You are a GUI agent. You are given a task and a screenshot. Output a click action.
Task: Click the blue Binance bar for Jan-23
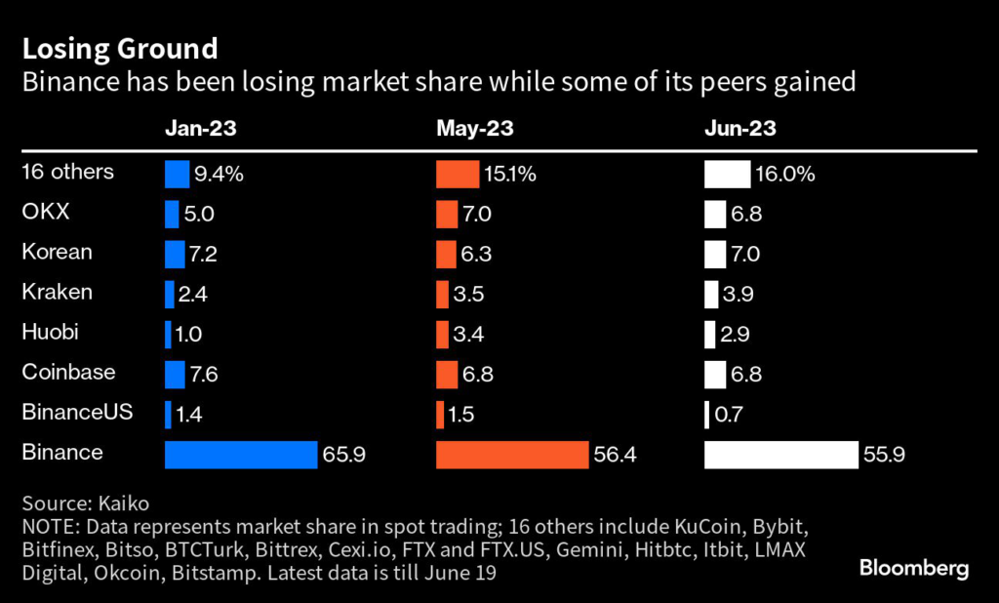click(x=241, y=455)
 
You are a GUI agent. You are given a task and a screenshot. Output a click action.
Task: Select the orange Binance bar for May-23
click(x=512, y=455)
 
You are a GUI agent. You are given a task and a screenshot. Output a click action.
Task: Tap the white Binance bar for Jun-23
click(x=781, y=455)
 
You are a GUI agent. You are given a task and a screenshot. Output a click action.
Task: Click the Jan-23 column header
click(x=201, y=128)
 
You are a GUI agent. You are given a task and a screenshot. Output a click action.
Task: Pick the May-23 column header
click(x=475, y=128)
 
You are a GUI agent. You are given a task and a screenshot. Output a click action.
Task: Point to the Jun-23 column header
click(x=740, y=128)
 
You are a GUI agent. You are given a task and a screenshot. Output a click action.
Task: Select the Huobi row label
click(x=51, y=332)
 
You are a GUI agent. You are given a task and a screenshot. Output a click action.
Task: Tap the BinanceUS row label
click(x=77, y=412)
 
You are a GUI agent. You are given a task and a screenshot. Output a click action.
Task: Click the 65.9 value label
click(x=345, y=455)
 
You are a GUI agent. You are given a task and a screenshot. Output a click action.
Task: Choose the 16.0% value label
click(x=784, y=175)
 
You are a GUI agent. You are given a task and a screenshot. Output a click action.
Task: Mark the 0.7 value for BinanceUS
click(x=728, y=415)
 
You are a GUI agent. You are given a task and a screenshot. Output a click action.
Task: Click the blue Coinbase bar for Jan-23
click(x=176, y=375)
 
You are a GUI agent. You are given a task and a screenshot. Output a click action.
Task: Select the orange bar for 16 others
click(x=458, y=175)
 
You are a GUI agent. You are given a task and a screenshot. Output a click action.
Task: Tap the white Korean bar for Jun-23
click(x=715, y=255)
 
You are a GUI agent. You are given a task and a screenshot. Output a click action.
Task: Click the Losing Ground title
click(x=120, y=48)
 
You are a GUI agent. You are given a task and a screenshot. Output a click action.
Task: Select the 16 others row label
click(x=68, y=172)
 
